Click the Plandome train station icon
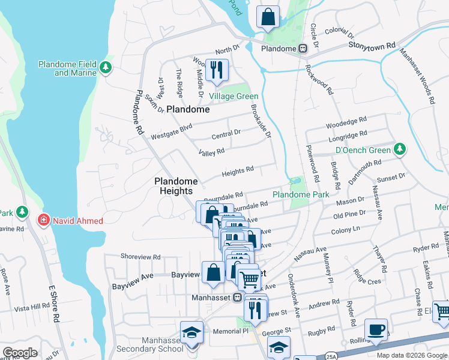(x=304, y=49)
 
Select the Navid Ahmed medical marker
(x=43, y=221)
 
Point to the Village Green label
(x=234, y=97)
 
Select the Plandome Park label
(x=301, y=195)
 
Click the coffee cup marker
(x=376, y=330)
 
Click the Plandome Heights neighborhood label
(x=176, y=186)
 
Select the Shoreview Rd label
(x=140, y=256)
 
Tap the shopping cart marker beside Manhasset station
(x=250, y=279)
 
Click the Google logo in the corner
(x=20, y=353)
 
